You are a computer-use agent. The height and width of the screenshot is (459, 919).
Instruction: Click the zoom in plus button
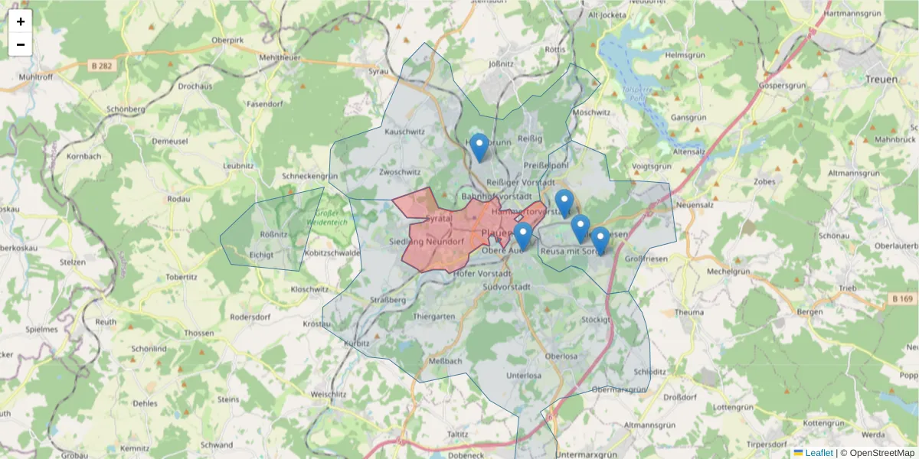pos(21,21)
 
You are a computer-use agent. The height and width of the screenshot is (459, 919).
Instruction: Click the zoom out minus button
pos(21,44)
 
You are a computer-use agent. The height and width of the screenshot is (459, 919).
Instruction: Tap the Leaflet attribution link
pos(819,453)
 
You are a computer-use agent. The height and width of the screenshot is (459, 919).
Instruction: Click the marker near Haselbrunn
pos(479,147)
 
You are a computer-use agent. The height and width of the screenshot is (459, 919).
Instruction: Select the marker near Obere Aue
pos(523,236)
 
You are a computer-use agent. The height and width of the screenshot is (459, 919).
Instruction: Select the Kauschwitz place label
pos(404,132)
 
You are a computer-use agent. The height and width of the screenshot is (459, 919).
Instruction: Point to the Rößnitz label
pos(274,234)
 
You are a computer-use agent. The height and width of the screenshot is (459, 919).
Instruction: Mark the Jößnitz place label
pos(500,63)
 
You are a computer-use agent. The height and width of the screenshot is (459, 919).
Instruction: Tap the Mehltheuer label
pos(280,57)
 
